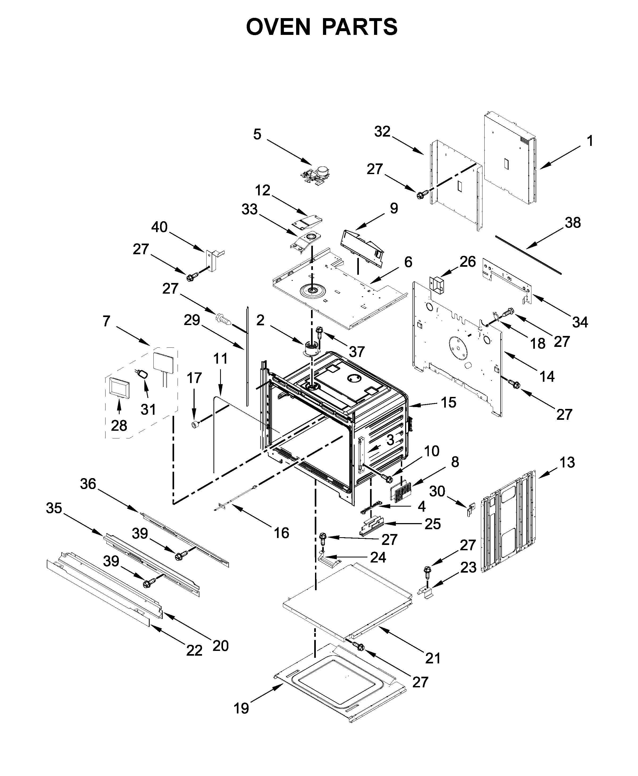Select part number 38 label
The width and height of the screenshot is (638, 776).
[573, 223]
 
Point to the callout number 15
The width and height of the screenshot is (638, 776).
[448, 402]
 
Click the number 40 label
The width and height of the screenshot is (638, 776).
[159, 227]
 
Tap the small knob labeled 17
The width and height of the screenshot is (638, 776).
[195, 425]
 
